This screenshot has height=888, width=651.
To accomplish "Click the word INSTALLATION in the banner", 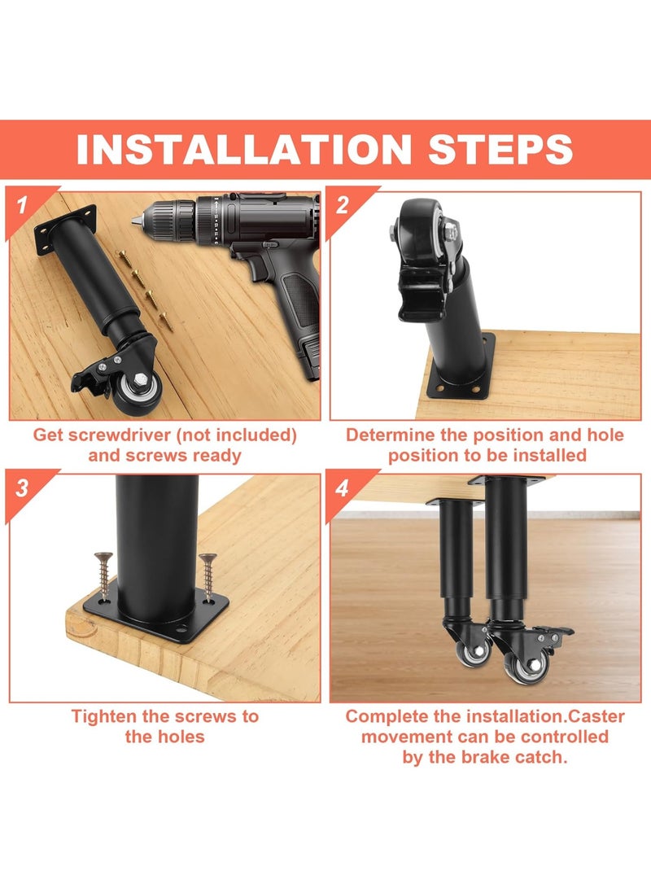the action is pos(244,149).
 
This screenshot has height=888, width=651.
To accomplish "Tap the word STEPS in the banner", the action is pos(500,149).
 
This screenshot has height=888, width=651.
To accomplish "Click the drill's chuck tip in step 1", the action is pos(137,221).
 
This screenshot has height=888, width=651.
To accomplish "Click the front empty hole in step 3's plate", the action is pos(181,628).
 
